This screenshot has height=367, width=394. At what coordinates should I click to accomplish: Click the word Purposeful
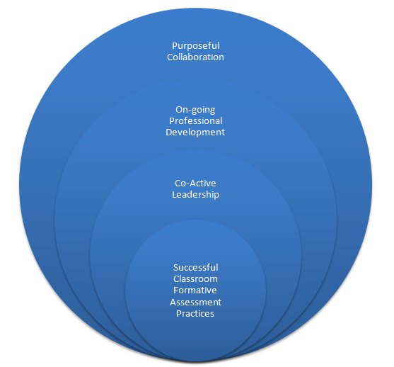pyautogui.click(x=196, y=46)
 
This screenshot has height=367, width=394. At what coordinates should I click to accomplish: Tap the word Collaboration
pyautogui.click(x=195, y=57)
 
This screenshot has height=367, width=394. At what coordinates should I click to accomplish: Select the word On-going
pyautogui.click(x=195, y=110)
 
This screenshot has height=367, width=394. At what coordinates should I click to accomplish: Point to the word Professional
pyautogui.click(x=196, y=121)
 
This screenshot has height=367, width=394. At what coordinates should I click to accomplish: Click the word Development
pyautogui.click(x=195, y=132)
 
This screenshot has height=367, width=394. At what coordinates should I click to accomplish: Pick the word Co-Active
pyautogui.click(x=195, y=183)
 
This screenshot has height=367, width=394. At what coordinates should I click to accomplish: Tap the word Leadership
pyautogui.click(x=195, y=195)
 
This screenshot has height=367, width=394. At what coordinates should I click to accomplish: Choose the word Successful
pyautogui.click(x=195, y=267)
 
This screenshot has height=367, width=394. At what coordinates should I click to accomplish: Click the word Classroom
pyautogui.click(x=195, y=279)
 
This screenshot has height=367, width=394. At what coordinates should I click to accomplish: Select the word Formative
pyautogui.click(x=195, y=290)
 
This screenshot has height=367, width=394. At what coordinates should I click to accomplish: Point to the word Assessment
pyautogui.click(x=195, y=302)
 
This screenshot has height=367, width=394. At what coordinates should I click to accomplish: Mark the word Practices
pyautogui.click(x=195, y=314)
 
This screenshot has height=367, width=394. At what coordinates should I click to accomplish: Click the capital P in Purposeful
pyautogui.click(x=175, y=46)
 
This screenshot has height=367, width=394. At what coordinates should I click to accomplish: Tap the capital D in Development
pyautogui.click(x=168, y=132)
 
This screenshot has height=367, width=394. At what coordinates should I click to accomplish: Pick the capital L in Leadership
pyautogui.click(x=175, y=195)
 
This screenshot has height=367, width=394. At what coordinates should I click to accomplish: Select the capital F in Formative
pyautogui.click(x=176, y=290)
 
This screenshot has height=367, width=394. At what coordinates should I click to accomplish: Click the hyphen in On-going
pyautogui.click(x=187, y=111)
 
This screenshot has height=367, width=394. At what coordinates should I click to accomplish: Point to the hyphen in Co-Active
pyautogui.click(x=187, y=184)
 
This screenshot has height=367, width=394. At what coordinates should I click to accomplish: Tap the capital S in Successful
pyautogui.click(x=176, y=267)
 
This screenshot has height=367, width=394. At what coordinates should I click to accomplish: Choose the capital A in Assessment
pyautogui.click(x=173, y=302)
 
